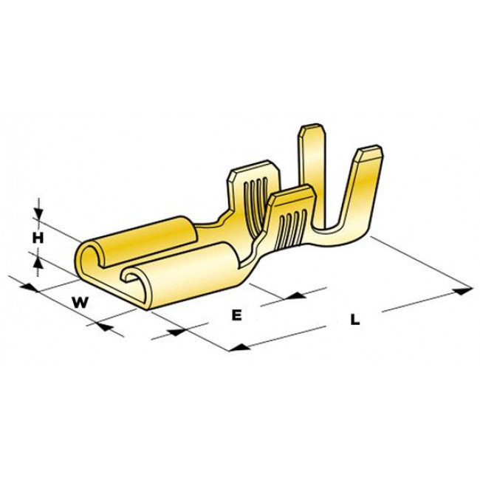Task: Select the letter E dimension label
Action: pos(236,315)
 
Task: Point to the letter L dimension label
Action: pos(355,320)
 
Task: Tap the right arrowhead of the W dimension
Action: pos(103,323)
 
